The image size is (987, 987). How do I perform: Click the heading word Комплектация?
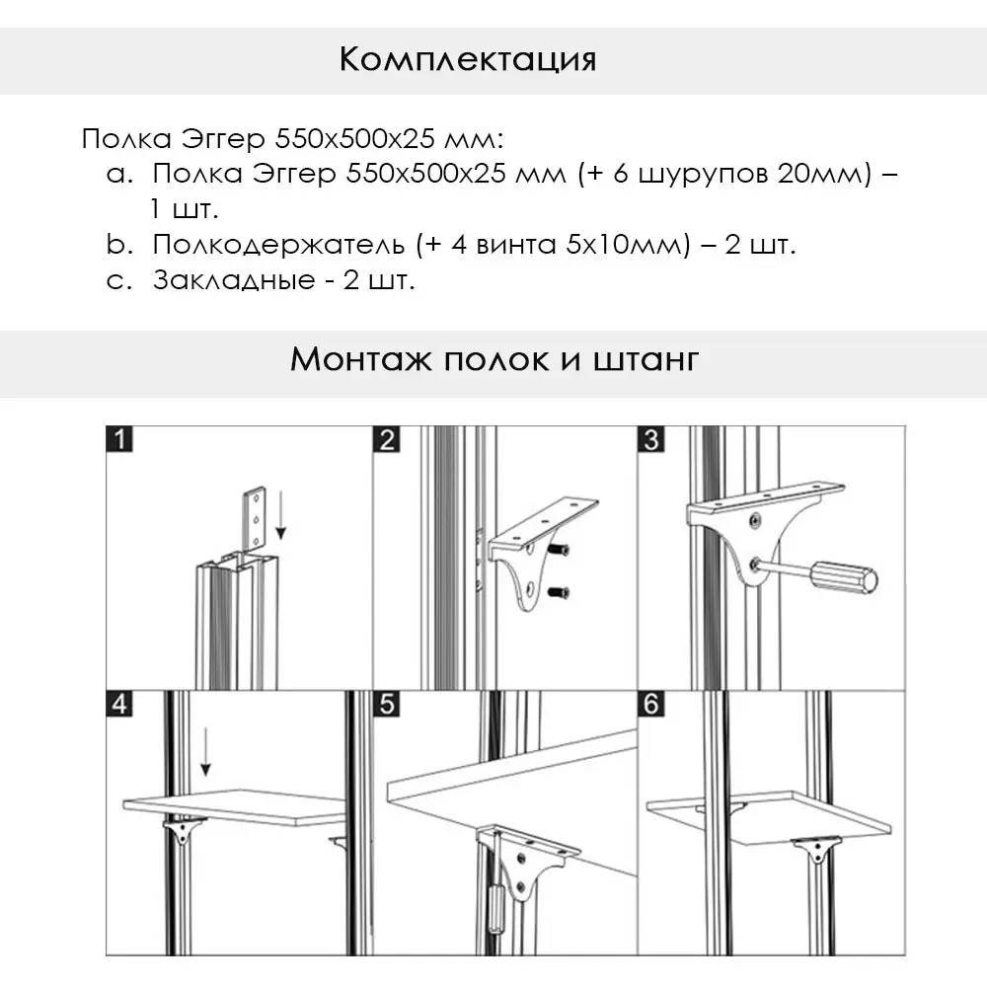click(x=467, y=59)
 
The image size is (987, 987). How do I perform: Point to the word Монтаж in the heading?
click(x=358, y=358)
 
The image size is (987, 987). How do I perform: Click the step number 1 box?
click(x=118, y=438)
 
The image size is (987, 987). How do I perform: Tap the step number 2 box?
click(x=386, y=438)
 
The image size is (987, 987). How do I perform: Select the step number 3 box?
click(x=650, y=438)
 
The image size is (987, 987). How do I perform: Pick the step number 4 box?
click(x=118, y=705)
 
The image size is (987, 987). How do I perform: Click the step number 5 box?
click(x=386, y=705)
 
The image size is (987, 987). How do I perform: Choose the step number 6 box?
click(x=650, y=705)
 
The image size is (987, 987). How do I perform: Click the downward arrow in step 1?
click(x=280, y=518)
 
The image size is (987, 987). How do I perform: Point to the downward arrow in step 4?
click(x=206, y=753)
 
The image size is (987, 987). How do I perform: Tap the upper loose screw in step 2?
click(x=560, y=549)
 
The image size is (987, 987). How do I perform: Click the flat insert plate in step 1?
click(x=256, y=517)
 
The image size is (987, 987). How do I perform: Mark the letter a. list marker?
click(x=118, y=175)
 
